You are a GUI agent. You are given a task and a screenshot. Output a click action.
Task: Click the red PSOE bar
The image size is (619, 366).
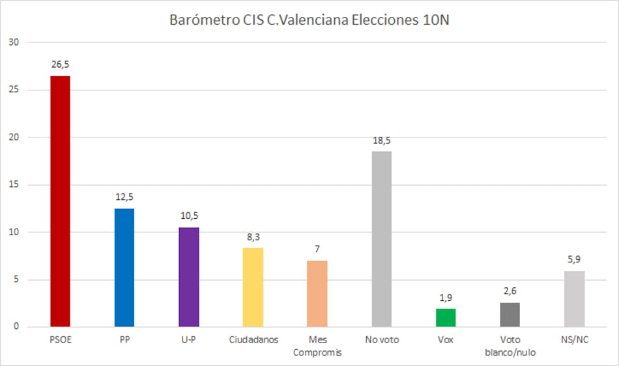pos(60,201)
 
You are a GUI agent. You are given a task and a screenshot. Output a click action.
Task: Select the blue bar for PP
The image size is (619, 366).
pos(124,268)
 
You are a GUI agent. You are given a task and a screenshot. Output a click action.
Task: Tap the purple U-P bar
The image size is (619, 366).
pos(189,277)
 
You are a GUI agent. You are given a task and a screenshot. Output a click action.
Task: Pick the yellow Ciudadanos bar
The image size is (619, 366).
pos(253,287)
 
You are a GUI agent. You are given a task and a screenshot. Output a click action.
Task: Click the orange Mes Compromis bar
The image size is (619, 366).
pos(317,294)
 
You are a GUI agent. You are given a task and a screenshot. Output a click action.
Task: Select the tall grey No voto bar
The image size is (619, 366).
pos(382,239)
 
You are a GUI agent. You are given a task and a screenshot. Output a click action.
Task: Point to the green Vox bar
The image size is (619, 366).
pos(446,318)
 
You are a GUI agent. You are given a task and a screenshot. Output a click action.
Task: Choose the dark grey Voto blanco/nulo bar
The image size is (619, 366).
pos(510,315)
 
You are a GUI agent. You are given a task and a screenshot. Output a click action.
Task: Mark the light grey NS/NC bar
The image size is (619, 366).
pos(574,299)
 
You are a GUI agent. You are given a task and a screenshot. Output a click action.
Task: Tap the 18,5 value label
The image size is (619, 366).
pos(382,140)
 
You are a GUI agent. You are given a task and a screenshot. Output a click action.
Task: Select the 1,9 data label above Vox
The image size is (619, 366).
pos(446,298)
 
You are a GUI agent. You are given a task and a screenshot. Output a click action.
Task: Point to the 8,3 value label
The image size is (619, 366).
pos(253,237)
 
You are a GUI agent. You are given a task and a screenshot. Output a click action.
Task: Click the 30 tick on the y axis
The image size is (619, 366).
pos(15,42)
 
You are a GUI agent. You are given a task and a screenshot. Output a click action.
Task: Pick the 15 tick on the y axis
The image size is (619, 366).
pos(15,185)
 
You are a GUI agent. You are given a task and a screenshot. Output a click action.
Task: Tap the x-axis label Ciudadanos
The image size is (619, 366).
pos(253,340)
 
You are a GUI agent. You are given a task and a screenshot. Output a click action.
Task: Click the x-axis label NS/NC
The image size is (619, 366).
pos(574,340)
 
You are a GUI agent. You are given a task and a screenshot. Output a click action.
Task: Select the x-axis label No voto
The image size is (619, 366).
pos(382,340)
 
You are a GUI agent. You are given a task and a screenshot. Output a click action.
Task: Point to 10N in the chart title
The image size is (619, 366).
pos(435,20)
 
